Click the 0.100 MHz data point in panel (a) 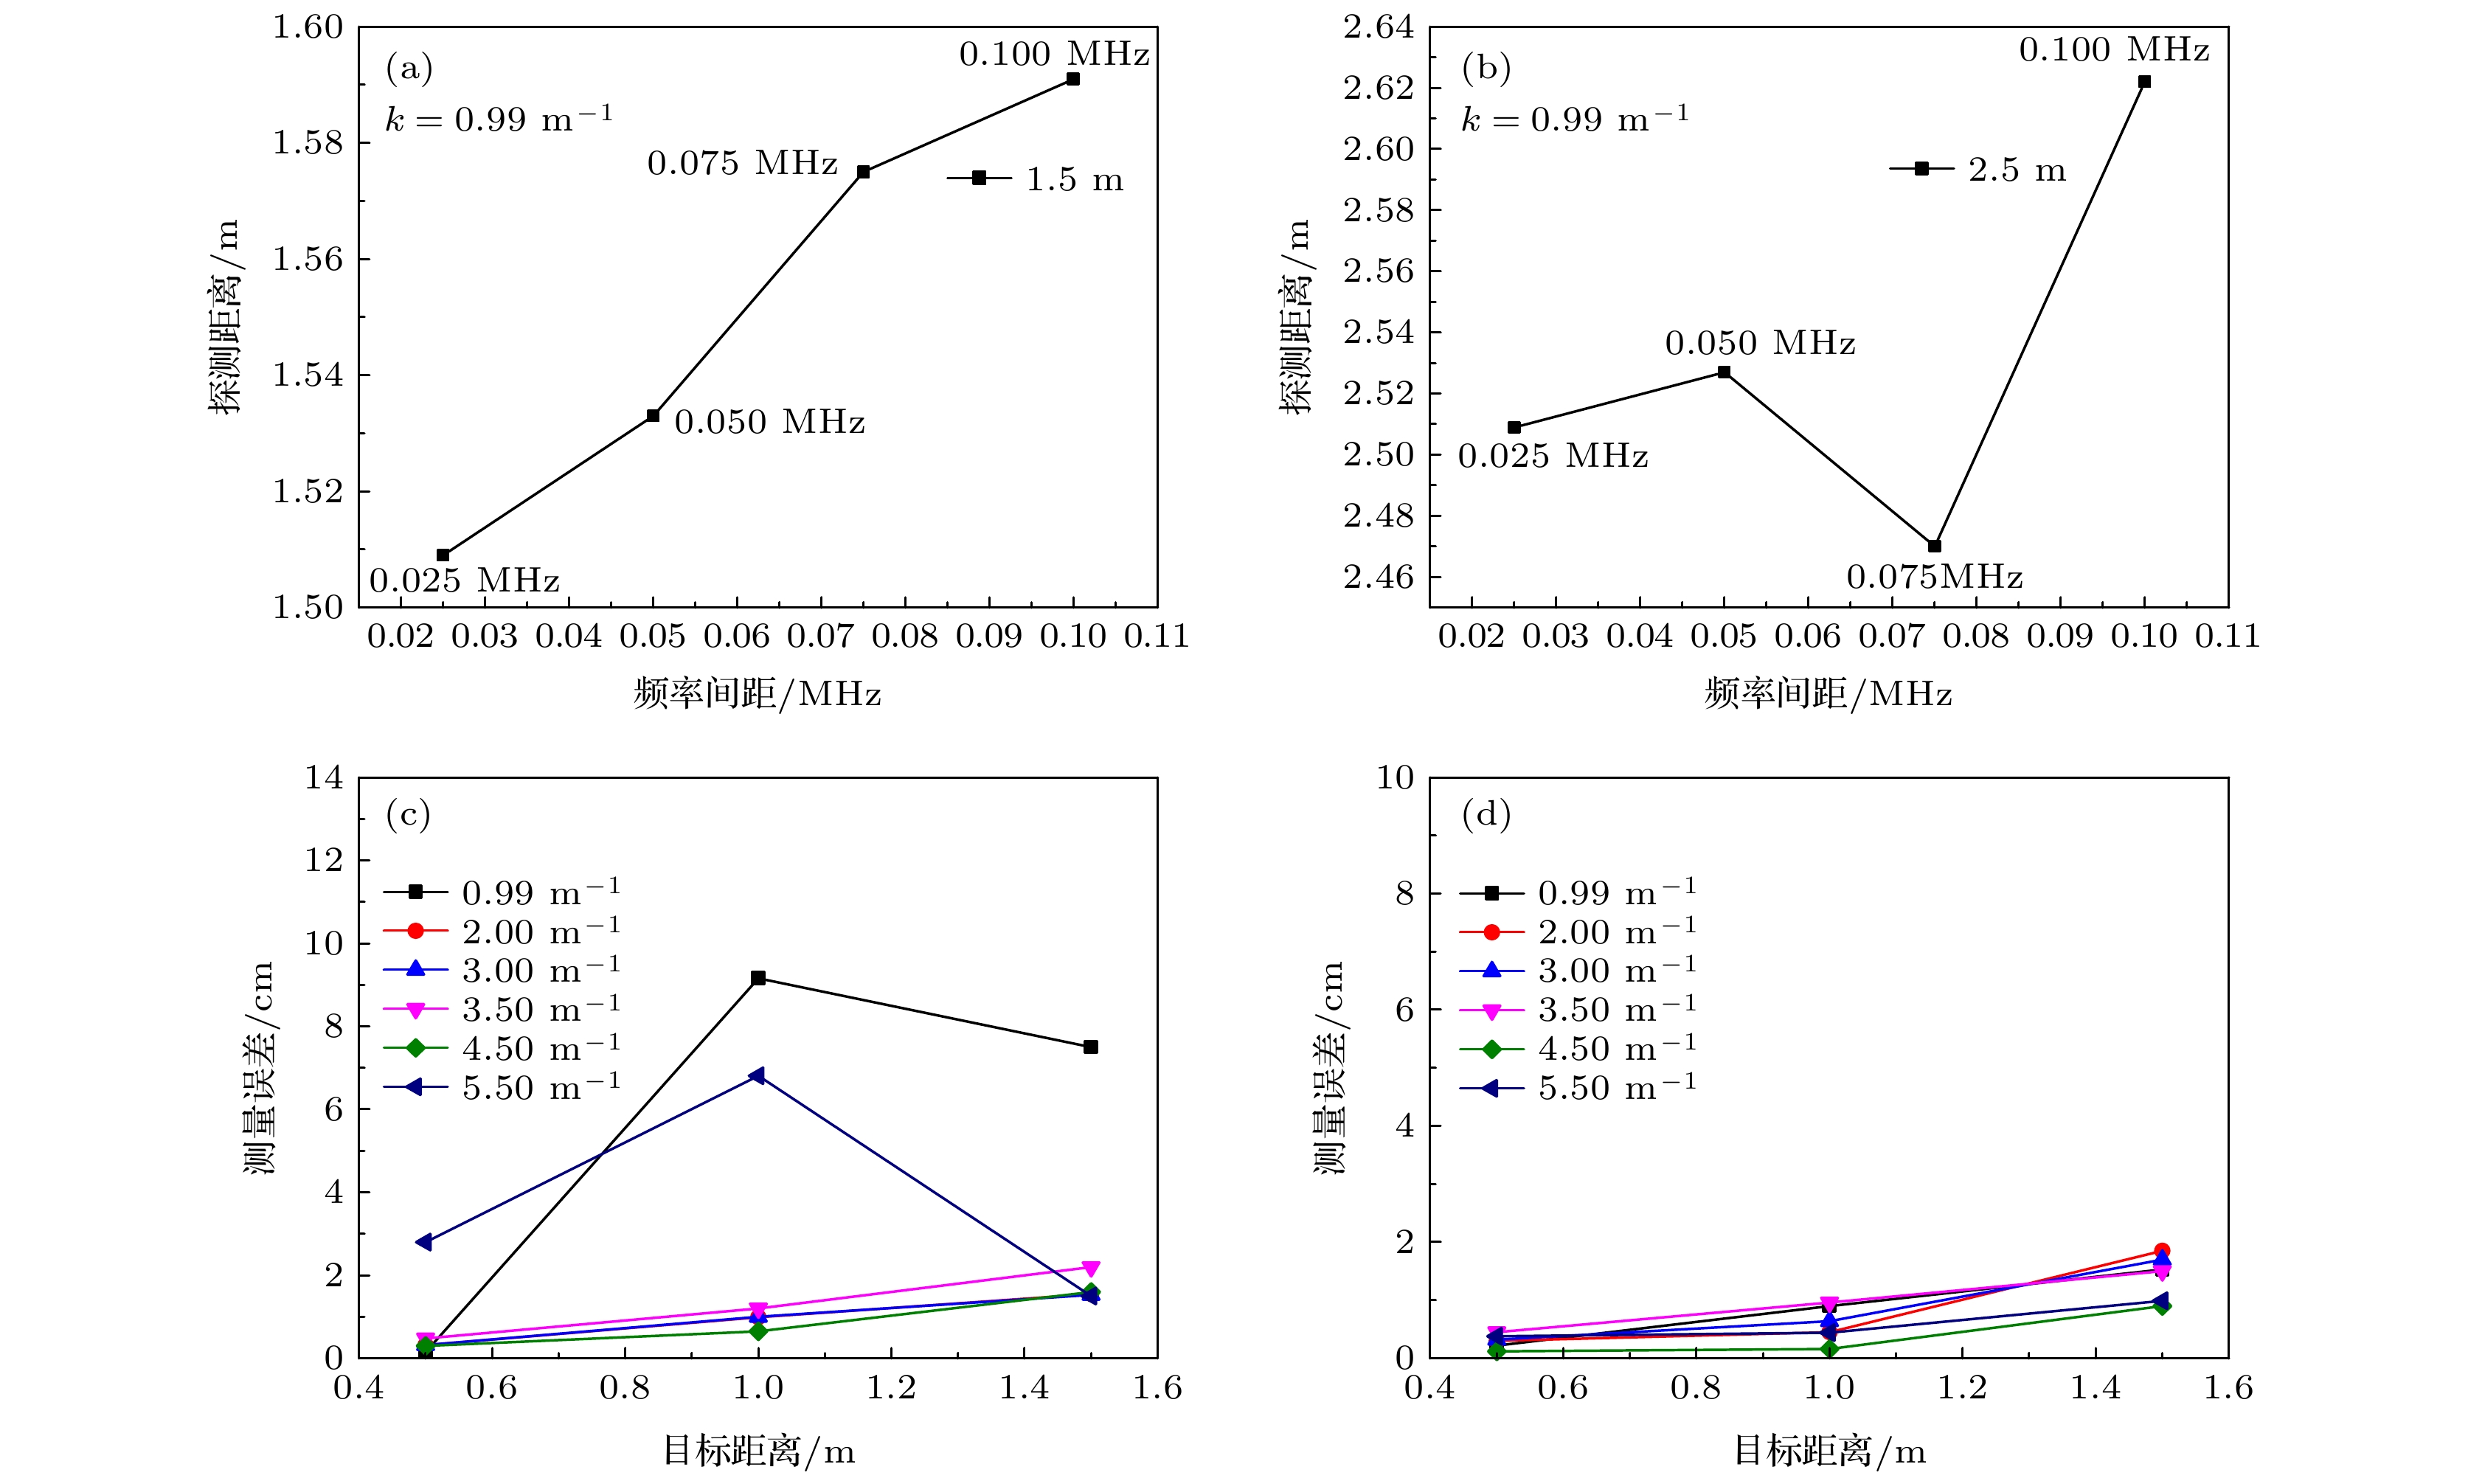(1072, 79)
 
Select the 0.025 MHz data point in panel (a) (443, 555)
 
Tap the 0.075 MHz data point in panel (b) (1934, 546)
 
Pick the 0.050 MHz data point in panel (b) (1724, 372)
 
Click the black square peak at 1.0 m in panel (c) (758, 978)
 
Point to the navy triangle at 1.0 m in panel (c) (758, 1075)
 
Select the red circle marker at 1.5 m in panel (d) (2162, 1250)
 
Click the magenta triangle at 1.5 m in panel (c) (1091, 1269)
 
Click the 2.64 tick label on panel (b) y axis (1379, 28)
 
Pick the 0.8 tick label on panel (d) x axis (1696, 1387)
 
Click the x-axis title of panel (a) (758, 693)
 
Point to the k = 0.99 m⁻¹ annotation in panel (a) (499, 119)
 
